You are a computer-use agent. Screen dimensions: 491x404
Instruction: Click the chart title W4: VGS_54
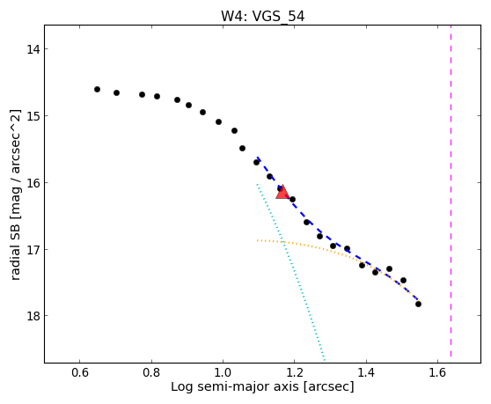[263, 17]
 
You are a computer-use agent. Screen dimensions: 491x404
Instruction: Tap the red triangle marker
[282, 192]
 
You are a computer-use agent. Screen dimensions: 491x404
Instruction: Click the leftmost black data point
[97, 89]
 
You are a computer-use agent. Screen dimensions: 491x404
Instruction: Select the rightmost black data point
[418, 304]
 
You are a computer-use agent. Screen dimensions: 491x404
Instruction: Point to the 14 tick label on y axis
[33, 49]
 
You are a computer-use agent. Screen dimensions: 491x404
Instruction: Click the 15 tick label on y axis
[33, 116]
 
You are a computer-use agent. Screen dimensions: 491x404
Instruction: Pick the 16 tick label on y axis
[33, 182]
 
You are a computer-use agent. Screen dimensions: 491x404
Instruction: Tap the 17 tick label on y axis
[33, 250]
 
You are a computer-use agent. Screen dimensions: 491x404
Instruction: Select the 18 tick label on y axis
[33, 316]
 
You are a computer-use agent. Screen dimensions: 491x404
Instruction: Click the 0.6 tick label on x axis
[80, 372]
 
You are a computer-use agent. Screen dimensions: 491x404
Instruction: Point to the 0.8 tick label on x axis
[151, 372]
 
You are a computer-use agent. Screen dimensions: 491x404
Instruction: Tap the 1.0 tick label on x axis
[223, 372]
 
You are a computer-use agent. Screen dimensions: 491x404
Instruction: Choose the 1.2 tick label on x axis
[295, 372]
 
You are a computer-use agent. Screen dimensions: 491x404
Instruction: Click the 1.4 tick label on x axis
[366, 372]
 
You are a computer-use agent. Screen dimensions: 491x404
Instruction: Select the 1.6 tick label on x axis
[437, 372]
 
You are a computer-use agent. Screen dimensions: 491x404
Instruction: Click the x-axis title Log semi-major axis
[235, 387]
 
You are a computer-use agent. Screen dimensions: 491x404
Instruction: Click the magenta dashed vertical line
[451, 191]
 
